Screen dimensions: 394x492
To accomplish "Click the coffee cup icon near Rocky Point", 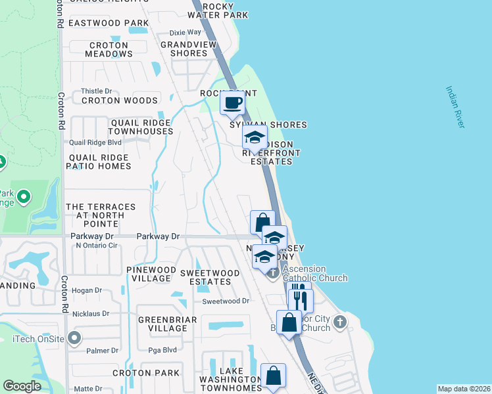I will pyautogui.click(x=234, y=102).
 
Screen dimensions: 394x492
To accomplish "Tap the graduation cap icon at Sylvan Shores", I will pyautogui.click(x=254, y=138).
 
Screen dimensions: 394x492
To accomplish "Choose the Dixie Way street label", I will pyautogui.click(x=185, y=32).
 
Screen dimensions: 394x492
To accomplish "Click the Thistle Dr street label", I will pyautogui.click(x=96, y=91).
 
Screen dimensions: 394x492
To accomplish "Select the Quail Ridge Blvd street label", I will pyautogui.click(x=95, y=142).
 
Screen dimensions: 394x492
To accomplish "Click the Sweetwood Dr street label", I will pyautogui.click(x=226, y=301).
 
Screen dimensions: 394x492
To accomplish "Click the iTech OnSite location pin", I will pyautogui.click(x=74, y=338).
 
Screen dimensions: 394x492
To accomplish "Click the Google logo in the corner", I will pyautogui.click(x=22, y=386).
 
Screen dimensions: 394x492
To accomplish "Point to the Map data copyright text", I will pyautogui.click(x=463, y=389).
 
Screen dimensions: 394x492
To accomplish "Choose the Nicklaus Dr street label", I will pyautogui.click(x=91, y=314).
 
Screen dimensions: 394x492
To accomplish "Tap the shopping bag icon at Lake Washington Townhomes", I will pyautogui.click(x=273, y=376).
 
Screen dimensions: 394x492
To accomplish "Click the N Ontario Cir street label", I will pyautogui.click(x=96, y=246).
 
